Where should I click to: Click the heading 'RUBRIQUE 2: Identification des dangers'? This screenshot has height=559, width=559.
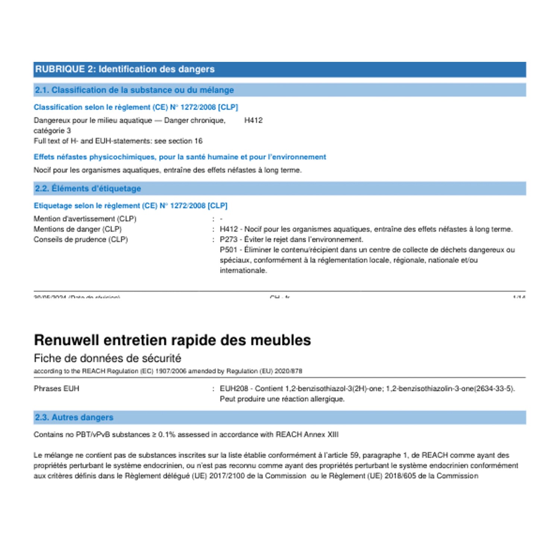(x=125, y=69)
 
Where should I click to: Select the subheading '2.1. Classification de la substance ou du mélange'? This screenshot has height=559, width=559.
(x=134, y=90)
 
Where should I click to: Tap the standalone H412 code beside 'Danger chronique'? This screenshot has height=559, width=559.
(x=253, y=120)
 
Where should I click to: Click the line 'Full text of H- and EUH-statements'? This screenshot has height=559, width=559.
(x=118, y=141)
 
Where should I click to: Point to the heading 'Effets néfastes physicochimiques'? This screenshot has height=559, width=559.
(x=180, y=157)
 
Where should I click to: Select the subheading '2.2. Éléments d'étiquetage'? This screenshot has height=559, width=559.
(x=88, y=189)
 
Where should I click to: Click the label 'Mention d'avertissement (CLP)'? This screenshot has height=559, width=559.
(x=85, y=219)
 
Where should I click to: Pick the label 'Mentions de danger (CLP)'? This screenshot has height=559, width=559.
(x=78, y=229)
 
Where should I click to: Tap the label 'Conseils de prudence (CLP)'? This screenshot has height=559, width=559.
(x=80, y=240)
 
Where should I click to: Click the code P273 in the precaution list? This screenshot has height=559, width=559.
(x=228, y=240)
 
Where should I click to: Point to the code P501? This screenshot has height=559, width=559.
(x=228, y=250)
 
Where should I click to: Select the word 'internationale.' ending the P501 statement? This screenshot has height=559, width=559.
(x=243, y=271)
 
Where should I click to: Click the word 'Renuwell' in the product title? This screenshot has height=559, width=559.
(x=66, y=340)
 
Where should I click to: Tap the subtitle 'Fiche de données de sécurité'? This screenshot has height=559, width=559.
(x=107, y=359)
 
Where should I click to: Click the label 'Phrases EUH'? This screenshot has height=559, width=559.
(x=56, y=389)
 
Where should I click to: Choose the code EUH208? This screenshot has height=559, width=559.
(x=234, y=389)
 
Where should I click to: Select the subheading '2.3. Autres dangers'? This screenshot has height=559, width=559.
(x=74, y=417)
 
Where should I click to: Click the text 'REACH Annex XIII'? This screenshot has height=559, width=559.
(x=307, y=435)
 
